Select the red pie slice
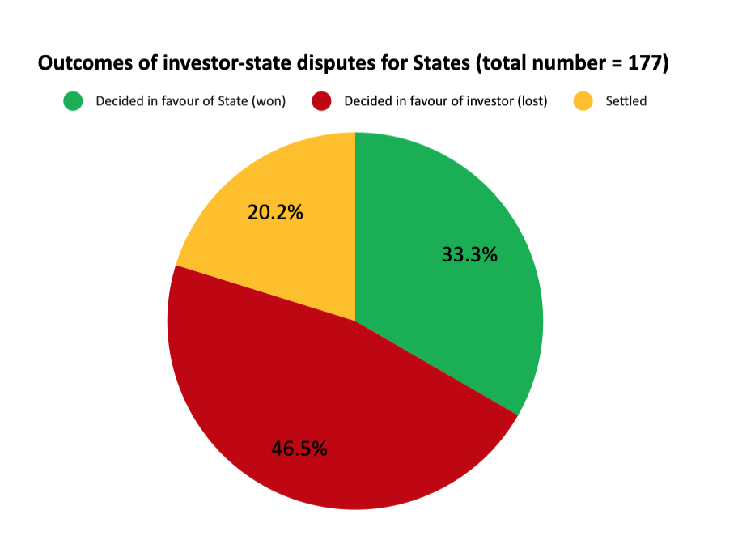pyautogui.click(x=324, y=405)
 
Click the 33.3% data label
pyautogui.click(x=469, y=254)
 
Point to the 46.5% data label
pyautogui.click(x=299, y=449)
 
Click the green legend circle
pyautogui.click(x=74, y=101)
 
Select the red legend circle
pyautogui.click(x=322, y=101)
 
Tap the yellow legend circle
pyautogui.click(x=583, y=101)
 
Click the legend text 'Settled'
pyautogui.click(x=626, y=101)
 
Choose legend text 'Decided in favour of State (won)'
pyautogui.click(x=190, y=101)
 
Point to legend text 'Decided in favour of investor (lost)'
pyautogui.click(x=446, y=101)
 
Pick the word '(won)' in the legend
pyautogui.click(x=269, y=101)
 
